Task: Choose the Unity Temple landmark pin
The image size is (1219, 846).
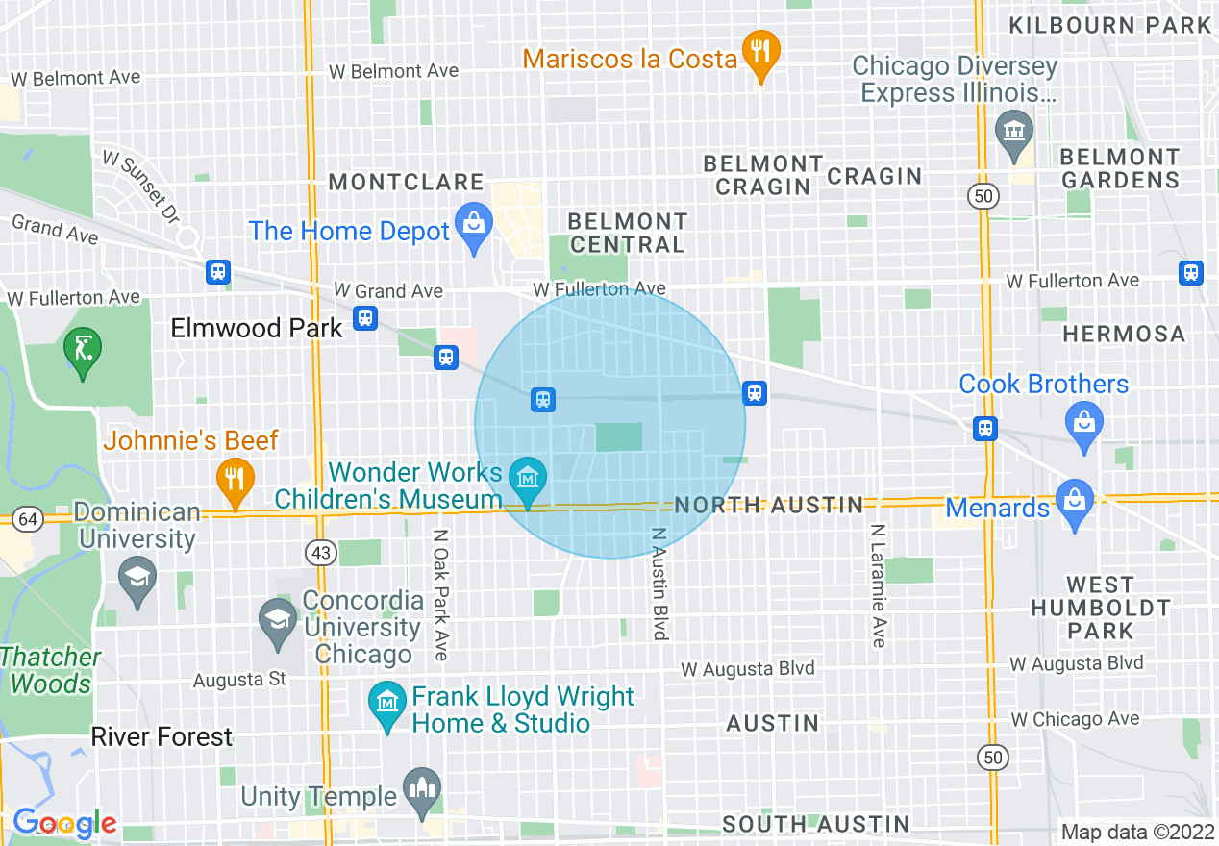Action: pos(420,789)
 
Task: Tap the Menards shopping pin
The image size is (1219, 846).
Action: pos(1074,502)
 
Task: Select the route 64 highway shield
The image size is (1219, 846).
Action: pos(29,519)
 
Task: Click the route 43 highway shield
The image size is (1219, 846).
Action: pos(320,552)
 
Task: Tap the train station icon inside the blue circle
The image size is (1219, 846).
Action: pos(543,399)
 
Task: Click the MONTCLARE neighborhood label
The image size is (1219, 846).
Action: pos(406,182)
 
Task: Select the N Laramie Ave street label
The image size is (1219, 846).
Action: pos(878,585)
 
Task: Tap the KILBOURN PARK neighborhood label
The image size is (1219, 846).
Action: pos(1109,25)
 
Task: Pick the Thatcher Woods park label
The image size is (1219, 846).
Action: pos(51,671)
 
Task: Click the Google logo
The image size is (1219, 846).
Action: pos(64,823)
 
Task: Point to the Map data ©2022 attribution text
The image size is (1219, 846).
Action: pos(1137,832)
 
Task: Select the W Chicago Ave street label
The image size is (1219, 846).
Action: pos(1074,719)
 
